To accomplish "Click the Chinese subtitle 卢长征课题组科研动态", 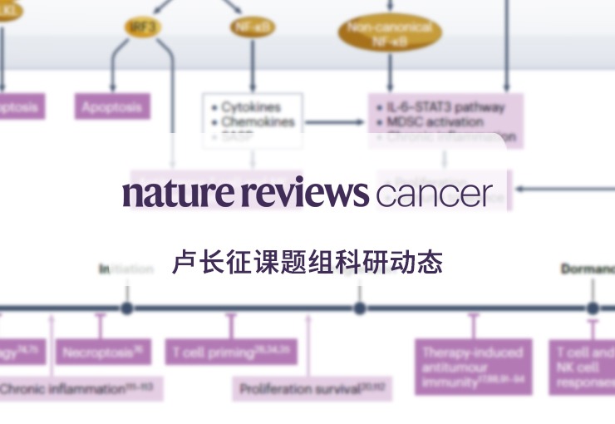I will coord(307,262).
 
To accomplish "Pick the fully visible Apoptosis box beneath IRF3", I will coord(112,107).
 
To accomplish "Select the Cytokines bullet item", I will coord(252,107).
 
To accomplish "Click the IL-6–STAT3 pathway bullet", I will coord(445,107).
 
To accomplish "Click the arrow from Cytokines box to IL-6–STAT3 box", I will coord(334,122).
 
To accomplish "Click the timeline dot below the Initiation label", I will coord(126,308).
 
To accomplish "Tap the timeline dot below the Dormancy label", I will coord(593,308).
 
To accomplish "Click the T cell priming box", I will coord(230,353).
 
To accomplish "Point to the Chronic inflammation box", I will coord(80,388).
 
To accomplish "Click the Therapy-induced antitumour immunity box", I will coord(473,366).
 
